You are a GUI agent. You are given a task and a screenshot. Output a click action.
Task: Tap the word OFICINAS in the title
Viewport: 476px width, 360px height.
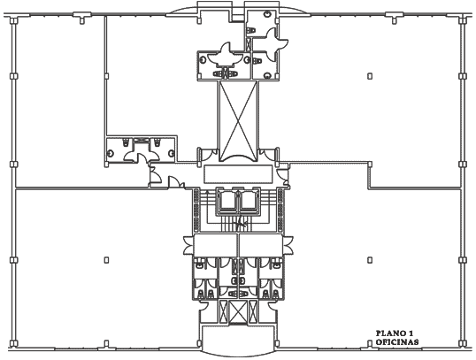397,342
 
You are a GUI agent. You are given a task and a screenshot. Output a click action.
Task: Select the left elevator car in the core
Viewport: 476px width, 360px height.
227,202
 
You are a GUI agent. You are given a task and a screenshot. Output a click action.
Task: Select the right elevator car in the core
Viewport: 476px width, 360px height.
250,202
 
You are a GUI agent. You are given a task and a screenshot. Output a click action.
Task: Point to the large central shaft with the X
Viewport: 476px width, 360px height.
238,120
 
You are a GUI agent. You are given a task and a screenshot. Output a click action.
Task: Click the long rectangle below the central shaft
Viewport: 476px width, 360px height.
238,174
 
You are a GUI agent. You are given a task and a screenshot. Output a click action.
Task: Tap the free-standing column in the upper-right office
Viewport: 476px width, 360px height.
370,76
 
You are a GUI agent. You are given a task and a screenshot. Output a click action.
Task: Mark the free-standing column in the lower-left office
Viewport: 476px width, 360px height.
106,260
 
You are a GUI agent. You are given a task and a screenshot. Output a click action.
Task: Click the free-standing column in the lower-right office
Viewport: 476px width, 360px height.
370,260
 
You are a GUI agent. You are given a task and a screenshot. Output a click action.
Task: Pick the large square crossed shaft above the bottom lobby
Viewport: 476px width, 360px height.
238,311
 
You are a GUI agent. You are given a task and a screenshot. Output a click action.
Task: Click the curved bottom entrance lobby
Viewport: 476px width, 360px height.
238,340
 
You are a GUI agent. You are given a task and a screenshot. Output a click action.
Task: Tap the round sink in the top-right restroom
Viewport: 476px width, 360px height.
267,14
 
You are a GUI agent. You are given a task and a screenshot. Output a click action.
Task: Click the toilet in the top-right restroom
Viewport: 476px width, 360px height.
251,31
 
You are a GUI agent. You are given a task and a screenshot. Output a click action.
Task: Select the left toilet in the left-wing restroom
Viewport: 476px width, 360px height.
127,142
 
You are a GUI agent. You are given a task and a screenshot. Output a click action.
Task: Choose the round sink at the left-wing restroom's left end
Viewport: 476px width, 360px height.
111,153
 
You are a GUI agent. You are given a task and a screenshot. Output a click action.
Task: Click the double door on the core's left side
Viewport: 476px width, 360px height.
188,245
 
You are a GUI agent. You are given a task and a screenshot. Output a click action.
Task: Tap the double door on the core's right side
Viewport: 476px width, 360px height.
288,245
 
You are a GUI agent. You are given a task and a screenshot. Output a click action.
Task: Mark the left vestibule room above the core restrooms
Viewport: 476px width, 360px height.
216,245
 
